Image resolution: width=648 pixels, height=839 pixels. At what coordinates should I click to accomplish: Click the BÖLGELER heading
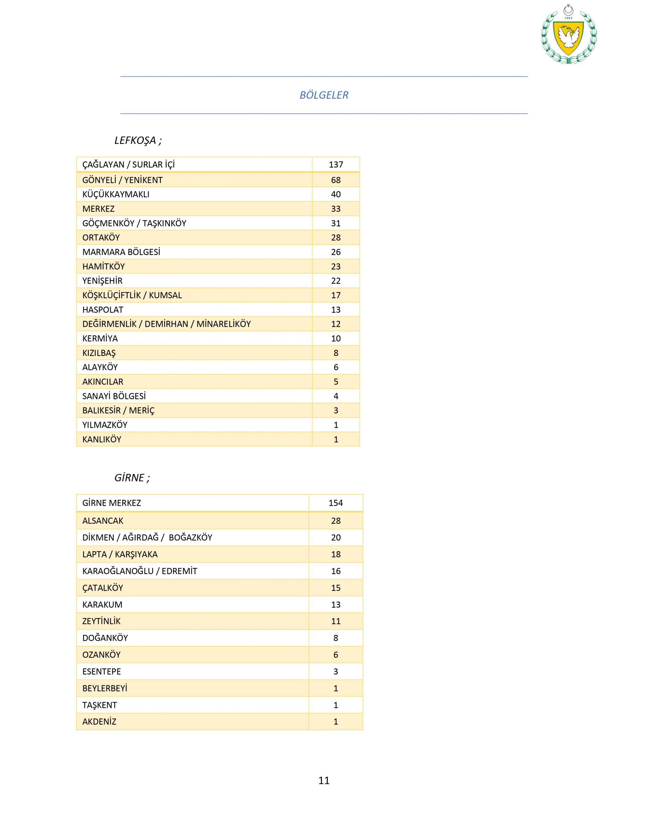point(324,95)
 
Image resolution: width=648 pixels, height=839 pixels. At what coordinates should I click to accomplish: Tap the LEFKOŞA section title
point(138,140)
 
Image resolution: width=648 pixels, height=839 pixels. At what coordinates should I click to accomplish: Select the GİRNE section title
point(132,478)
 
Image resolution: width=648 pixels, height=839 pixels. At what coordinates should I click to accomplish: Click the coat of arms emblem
point(568,35)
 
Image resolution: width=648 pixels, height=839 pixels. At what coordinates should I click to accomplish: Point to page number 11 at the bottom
point(324,780)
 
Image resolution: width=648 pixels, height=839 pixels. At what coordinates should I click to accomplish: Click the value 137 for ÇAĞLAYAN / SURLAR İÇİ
point(336,165)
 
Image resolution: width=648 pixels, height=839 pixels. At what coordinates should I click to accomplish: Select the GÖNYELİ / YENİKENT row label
point(122,180)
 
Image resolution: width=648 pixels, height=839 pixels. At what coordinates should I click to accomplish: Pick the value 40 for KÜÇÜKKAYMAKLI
point(336,194)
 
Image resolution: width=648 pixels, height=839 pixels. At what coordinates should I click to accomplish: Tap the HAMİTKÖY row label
point(103,266)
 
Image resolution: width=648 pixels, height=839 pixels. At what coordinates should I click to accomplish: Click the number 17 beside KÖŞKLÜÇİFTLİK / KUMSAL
point(336,295)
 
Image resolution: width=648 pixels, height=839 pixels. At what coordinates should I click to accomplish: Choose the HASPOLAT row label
point(103,310)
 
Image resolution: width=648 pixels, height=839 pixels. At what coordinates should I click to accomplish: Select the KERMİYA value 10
point(336,339)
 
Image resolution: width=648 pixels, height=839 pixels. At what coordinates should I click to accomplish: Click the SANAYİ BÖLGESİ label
point(114,396)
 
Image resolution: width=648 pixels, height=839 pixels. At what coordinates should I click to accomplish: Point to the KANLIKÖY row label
point(102,439)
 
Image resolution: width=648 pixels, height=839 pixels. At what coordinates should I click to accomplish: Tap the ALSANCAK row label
point(103,520)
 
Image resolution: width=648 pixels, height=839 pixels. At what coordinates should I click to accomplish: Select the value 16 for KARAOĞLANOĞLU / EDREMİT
point(336,571)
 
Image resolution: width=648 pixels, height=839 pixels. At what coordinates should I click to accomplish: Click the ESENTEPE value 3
point(336,672)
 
